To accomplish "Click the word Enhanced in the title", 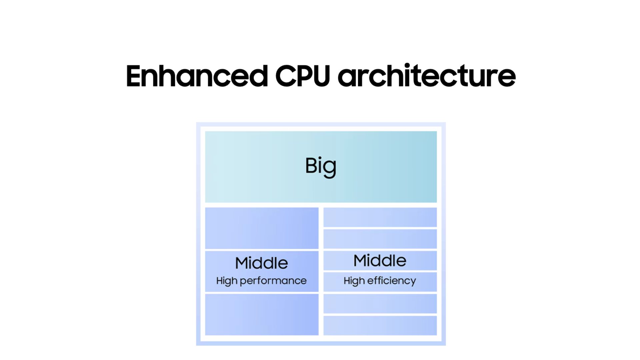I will click(x=197, y=76).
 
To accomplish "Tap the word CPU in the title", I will click(x=302, y=76).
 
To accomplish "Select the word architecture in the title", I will click(x=427, y=76).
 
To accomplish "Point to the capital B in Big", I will click(x=311, y=165).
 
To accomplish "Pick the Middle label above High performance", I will click(x=261, y=263).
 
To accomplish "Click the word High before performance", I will click(x=227, y=281).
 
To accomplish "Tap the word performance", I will click(x=273, y=281).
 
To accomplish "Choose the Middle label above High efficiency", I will click(x=380, y=260).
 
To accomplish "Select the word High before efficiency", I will click(x=354, y=281).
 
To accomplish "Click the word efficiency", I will click(x=391, y=281).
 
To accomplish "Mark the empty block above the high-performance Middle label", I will click(x=262, y=228).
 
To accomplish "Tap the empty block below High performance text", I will click(x=262, y=314).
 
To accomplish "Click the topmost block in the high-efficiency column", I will click(x=380, y=217).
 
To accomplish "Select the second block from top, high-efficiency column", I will click(x=380, y=239).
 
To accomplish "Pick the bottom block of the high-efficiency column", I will click(x=380, y=325).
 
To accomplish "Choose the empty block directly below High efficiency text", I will click(x=380, y=303).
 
